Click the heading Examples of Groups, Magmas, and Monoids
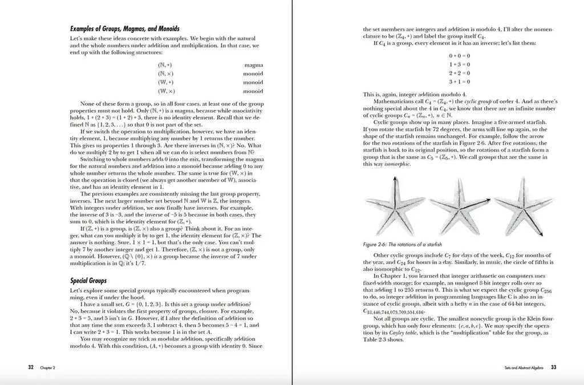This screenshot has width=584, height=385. point(124,28)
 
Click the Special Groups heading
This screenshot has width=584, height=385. point(88,281)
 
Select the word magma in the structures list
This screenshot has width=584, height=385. point(253,65)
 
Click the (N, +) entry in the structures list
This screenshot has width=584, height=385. point(165,65)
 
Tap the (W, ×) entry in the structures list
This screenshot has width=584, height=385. point(166,91)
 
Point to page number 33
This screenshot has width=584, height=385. point(553,367)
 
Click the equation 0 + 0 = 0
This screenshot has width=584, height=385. point(459,55)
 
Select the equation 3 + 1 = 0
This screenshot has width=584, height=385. point(459,82)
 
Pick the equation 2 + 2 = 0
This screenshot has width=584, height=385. point(459,73)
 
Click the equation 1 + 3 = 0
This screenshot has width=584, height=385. point(459,64)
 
